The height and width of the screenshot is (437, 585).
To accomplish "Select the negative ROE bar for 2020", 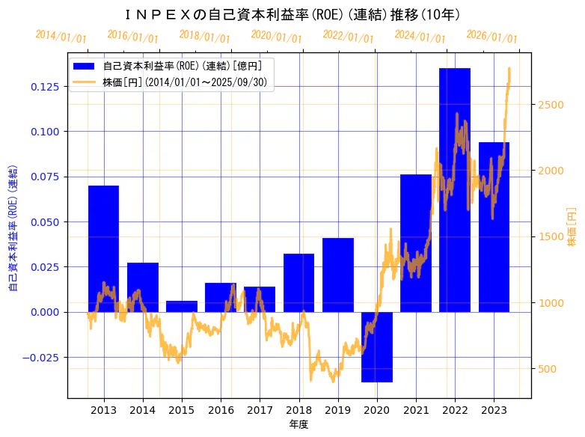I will click(377, 346).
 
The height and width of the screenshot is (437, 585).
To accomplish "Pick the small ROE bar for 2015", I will click(182, 306).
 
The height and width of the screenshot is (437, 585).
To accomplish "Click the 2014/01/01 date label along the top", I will click(61, 37).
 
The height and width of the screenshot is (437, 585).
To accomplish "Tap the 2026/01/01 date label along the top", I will click(491, 37).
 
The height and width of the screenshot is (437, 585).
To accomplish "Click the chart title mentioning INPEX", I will click(292, 15).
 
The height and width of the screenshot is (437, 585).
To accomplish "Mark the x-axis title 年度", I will click(298, 424).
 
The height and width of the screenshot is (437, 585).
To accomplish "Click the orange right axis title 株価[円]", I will click(572, 227).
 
